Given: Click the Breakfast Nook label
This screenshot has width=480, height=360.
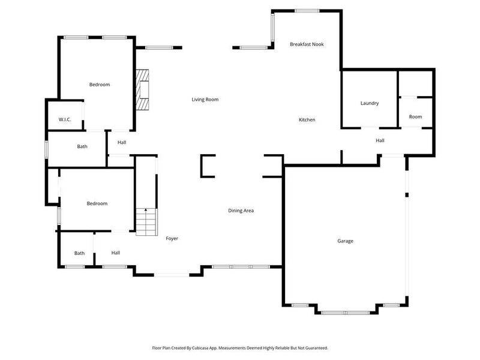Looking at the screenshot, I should (307, 44).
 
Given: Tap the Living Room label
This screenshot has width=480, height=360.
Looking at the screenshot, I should (205, 100).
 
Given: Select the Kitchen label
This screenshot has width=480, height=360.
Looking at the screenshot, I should (307, 120).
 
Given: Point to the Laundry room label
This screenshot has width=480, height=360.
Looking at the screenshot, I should (370, 103).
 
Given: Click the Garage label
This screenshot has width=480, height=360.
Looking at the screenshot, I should (345, 241).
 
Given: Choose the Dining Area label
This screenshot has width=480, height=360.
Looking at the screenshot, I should (241, 211).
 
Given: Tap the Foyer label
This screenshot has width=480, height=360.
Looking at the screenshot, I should (172, 239).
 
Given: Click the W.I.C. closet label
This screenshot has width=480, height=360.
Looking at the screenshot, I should (65, 120).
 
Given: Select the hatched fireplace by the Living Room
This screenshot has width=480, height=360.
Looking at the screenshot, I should (142, 90).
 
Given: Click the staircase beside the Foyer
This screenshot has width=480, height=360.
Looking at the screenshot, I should (145, 222).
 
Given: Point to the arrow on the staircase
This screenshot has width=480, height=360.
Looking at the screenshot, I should (145, 211).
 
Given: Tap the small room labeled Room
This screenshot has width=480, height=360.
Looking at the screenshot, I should (415, 117).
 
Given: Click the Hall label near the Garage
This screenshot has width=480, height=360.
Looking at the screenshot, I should (380, 141).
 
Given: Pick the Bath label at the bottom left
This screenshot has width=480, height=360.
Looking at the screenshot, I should (80, 253).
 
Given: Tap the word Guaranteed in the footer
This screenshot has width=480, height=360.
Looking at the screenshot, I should (314, 348).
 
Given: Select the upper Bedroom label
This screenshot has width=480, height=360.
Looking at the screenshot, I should (100, 85).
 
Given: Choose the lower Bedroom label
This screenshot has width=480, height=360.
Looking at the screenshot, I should (97, 204).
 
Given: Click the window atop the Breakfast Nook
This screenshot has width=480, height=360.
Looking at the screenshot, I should (307, 10).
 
